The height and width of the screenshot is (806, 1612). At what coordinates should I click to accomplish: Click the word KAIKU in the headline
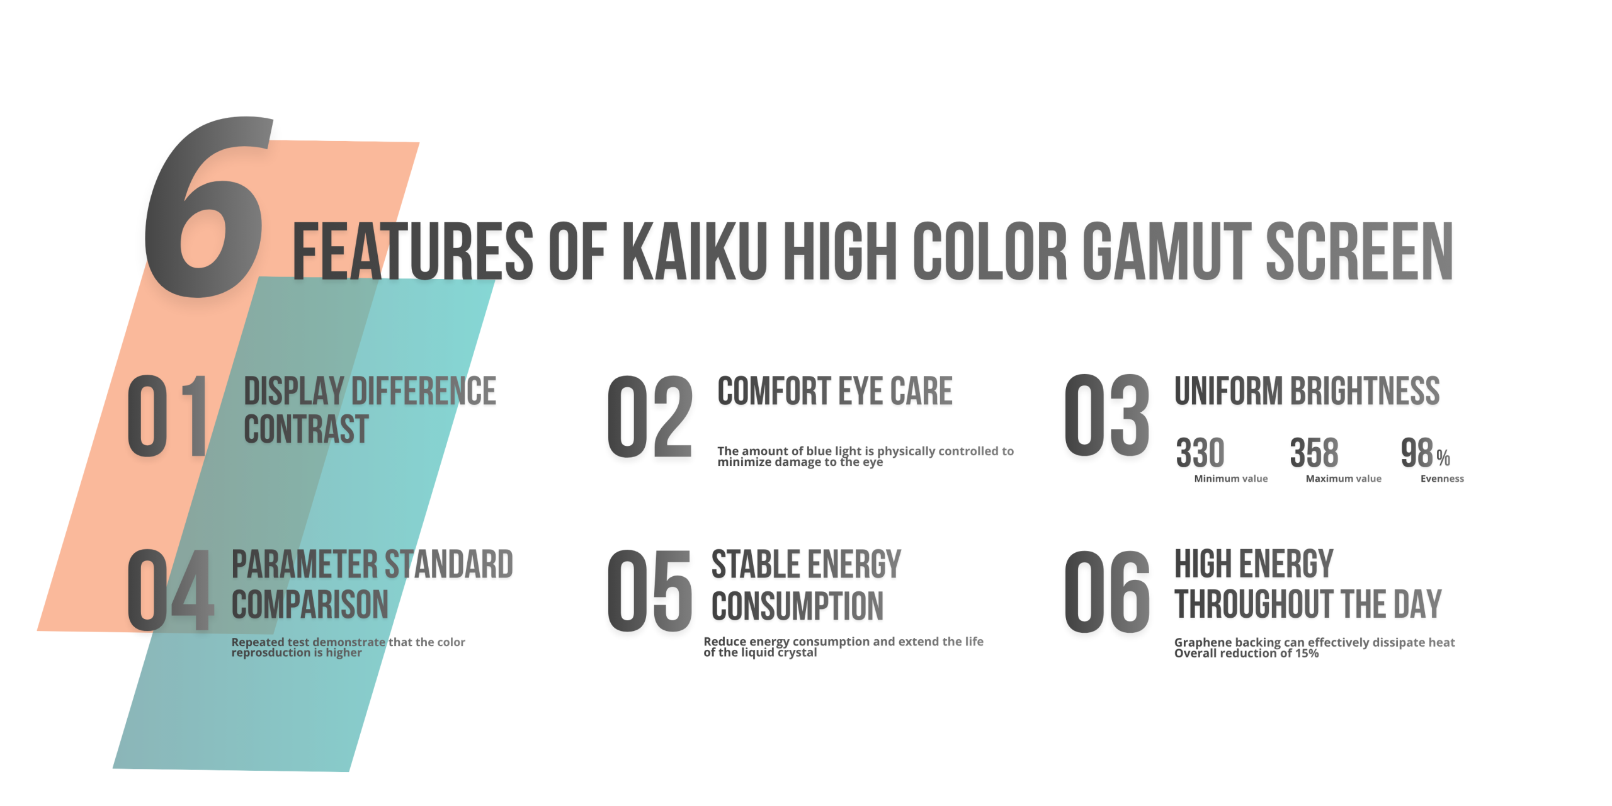[x=695, y=251]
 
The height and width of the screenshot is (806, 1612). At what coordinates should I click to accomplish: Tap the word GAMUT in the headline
[x=1167, y=251]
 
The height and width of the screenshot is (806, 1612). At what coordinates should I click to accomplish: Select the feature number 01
[x=168, y=416]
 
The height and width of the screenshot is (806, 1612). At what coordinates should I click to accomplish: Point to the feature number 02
[x=650, y=416]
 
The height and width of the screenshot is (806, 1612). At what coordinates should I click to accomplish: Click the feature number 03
[x=1107, y=414]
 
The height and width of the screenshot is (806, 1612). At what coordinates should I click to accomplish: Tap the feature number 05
[x=650, y=591]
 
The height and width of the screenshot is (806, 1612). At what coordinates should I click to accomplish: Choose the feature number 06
[x=1107, y=591]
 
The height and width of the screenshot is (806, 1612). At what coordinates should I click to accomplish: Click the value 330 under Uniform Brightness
[x=1200, y=453]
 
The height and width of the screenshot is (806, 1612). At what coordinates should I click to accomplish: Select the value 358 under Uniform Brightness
[x=1314, y=453]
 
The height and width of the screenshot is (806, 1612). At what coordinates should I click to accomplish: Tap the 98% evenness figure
[x=1425, y=453]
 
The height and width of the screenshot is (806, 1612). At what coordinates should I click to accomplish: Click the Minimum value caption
[x=1231, y=479]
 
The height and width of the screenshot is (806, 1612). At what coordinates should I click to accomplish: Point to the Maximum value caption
[x=1344, y=479]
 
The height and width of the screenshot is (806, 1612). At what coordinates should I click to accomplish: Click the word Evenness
[x=1442, y=479]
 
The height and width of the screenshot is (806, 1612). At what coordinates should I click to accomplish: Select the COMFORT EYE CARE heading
[x=835, y=391]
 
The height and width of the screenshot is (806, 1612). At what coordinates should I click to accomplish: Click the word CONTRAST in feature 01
[x=306, y=429]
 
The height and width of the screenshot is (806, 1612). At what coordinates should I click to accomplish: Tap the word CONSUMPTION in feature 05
[x=797, y=606]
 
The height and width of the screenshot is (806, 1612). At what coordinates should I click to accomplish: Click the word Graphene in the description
[x=1200, y=642]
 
